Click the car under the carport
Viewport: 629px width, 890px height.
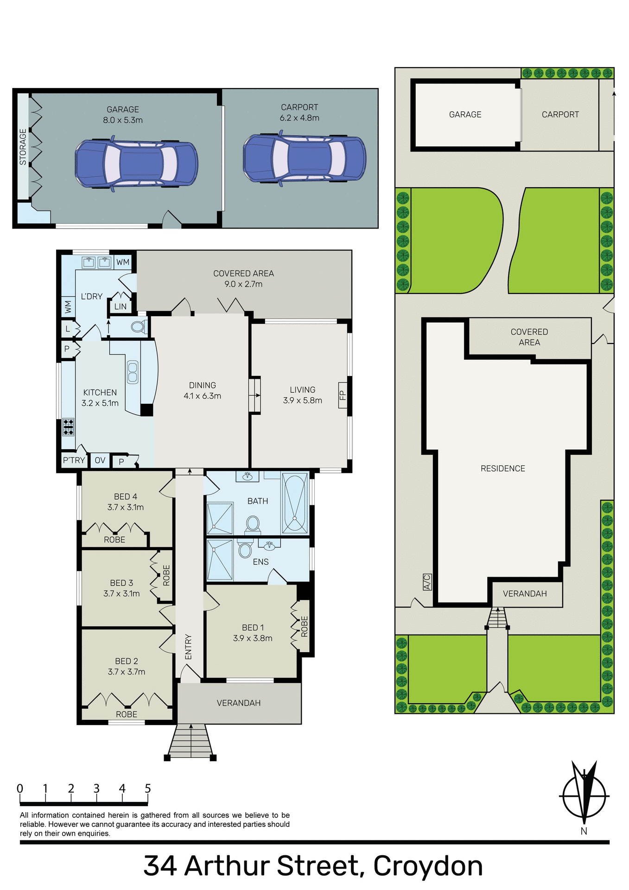coord(304,159)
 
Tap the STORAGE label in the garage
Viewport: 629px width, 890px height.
coord(23,147)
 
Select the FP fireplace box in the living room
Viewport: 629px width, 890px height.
coord(343,395)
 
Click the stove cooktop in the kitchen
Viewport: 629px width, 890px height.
coord(68,427)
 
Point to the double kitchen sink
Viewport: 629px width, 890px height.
coord(133,372)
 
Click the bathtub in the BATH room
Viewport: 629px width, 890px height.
coord(295,503)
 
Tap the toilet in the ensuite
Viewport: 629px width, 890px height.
coord(245,550)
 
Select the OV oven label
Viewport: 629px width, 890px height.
coord(100,460)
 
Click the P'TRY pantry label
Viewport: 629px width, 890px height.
coord(74,460)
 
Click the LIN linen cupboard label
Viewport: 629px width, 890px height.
coord(121,306)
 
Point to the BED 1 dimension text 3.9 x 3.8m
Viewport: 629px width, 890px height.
coord(253,638)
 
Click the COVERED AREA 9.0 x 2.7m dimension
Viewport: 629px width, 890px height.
coord(243,284)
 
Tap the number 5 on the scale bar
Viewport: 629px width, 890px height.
coord(148,788)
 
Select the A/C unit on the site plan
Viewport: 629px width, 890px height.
coord(427,582)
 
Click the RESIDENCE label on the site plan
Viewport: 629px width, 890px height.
coord(502,469)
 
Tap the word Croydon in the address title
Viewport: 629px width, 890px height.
coord(428,865)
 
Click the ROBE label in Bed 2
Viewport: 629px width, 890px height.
coord(127,714)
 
